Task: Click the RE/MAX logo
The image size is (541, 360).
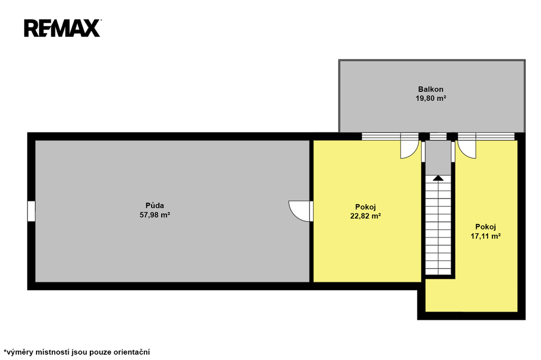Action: pyautogui.click(x=62, y=28)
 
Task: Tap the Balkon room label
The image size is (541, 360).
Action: pyautogui.click(x=431, y=89)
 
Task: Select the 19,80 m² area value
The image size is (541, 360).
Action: pyautogui.click(x=431, y=98)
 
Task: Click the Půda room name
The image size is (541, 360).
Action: pyautogui.click(x=155, y=206)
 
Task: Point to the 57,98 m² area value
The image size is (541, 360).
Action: pyautogui.click(x=155, y=215)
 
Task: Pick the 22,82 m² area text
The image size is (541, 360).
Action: pyautogui.click(x=366, y=216)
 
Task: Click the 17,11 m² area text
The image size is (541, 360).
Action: pyautogui.click(x=486, y=236)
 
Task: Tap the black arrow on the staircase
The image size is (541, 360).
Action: pyautogui.click(x=438, y=178)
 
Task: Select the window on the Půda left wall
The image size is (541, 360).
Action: pyautogui.click(x=31, y=211)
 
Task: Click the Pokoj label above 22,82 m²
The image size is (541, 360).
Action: pyautogui.click(x=366, y=207)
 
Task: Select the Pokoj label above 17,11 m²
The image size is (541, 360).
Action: pyautogui.click(x=486, y=227)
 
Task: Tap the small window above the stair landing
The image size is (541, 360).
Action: pyautogui.click(x=438, y=137)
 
